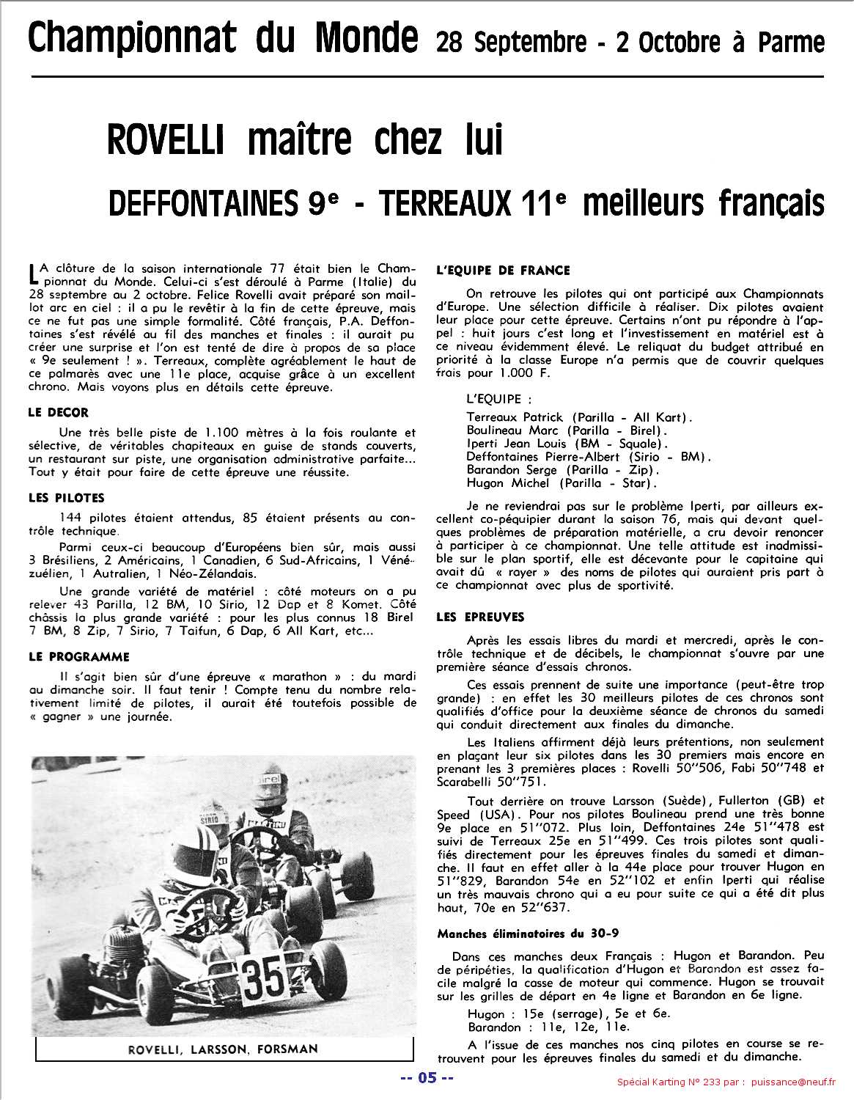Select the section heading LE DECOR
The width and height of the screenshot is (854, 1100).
click(59, 413)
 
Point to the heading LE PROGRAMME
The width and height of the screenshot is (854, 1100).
click(79, 656)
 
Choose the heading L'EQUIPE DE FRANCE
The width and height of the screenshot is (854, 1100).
click(503, 270)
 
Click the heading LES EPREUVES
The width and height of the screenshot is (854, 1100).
click(480, 617)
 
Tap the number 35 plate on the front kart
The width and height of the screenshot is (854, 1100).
click(263, 975)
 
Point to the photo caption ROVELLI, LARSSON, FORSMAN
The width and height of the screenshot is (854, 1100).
click(223, 1049)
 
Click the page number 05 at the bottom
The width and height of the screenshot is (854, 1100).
click(426, 1078)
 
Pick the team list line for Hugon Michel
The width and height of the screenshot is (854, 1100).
click(562, 483)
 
